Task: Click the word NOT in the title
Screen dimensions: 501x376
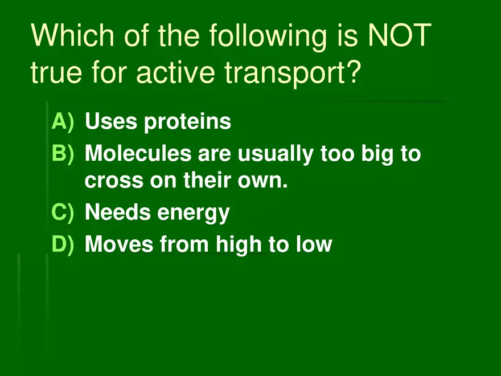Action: tap(400, 35)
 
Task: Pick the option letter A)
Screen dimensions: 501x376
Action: tap(63, 122)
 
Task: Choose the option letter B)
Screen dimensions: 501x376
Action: tap(63, 153)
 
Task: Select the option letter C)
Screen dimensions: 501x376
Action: tap(63, 212)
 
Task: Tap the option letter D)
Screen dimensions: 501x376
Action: tap(63, 244)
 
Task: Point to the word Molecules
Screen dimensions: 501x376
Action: tap(138, 153)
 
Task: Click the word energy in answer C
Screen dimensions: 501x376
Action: tap(194, 214)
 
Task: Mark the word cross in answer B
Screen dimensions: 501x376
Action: tap(114, 181)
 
